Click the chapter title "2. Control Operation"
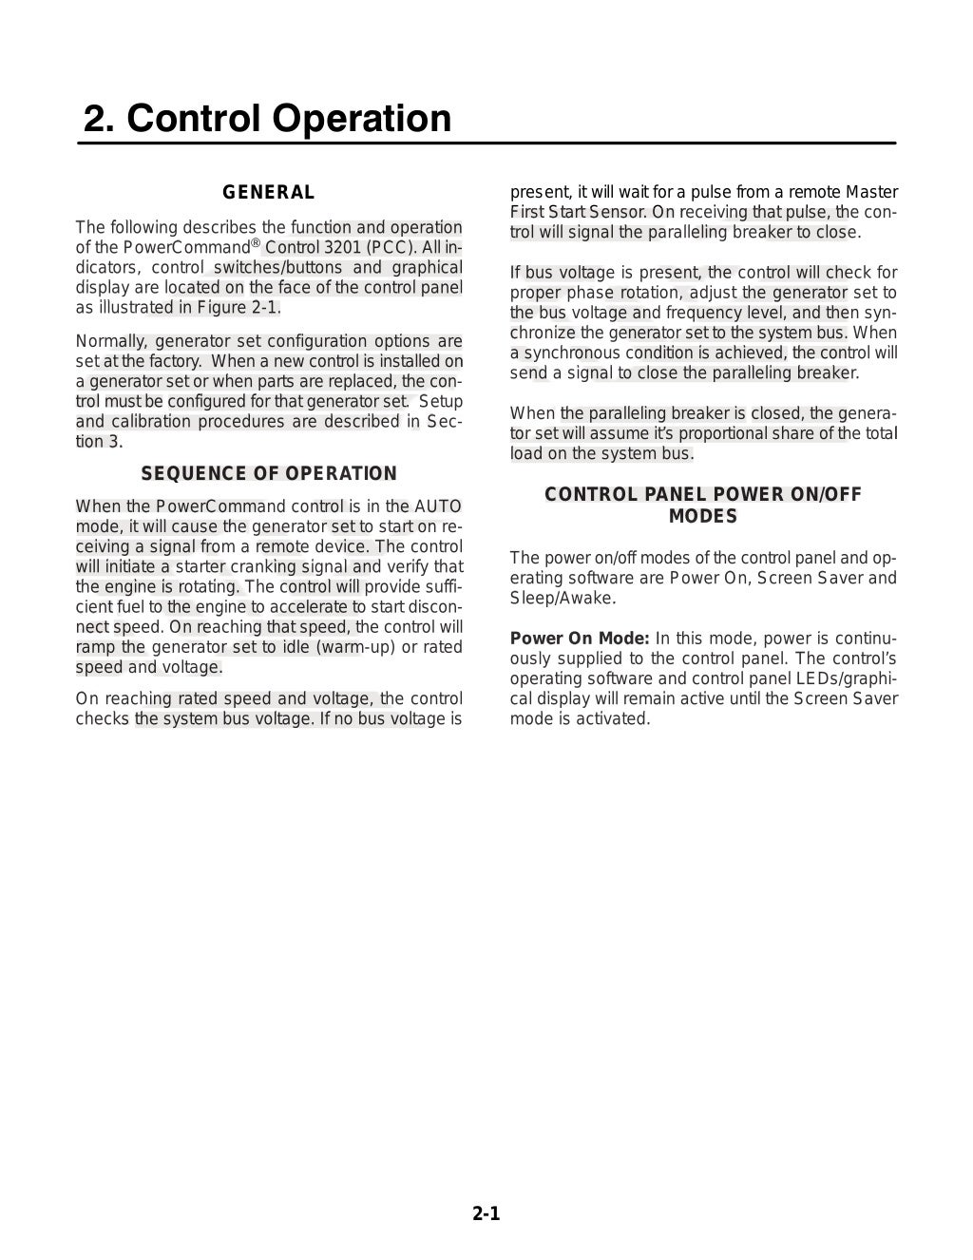click(x=267, y=119)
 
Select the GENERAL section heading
click(x=269, y=193)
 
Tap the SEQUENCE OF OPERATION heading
click(x=269, y=474)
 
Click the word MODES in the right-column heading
click(x=702, y=517)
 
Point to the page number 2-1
click(x=486, y=1213)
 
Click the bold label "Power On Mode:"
click(x=580, y=639)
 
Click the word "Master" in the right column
click(x=871, y=193)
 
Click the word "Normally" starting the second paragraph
click(x=109, y=341)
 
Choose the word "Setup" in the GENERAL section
click(x=441, y=402)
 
